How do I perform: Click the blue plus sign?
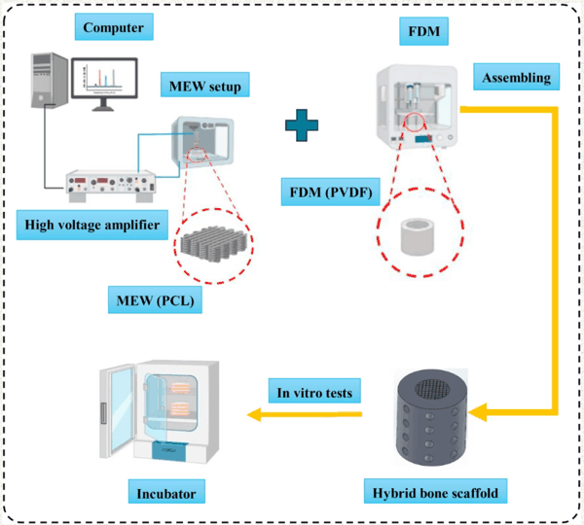tap(303, 122)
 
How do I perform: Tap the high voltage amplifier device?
tap(110, 182)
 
